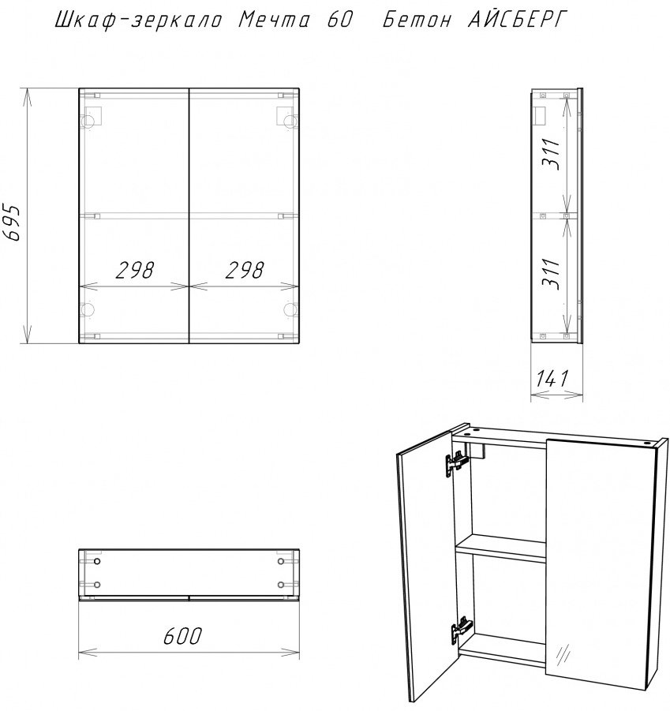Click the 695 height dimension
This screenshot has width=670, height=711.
(x=11, y=223)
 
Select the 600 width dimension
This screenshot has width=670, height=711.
(x=182, y=636)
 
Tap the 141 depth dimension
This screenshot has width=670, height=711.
(x=552, y=379)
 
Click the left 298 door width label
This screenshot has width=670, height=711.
(x=135, y=270)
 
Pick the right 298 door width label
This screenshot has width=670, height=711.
(x=245, y=270)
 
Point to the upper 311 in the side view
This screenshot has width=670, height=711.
(x=552, y=154)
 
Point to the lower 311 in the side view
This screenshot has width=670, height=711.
(x=552, y=274)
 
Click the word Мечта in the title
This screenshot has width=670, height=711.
(x=275, y=20)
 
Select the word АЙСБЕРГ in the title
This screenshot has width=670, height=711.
(x=517, y=20)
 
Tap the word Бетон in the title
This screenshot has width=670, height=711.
(x=417, y=20)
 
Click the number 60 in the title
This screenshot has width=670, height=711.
(x=339, y=20)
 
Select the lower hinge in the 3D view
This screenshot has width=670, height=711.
(x=462, y=629)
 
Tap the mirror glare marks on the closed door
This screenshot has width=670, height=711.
(x=563, y=653)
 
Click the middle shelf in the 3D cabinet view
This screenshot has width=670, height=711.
(x=500, y=548)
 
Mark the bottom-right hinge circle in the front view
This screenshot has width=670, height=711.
(x=290, y=309)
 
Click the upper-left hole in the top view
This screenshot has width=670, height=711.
(x=96, y=561)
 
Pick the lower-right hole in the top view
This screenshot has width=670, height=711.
(x=281, y=585)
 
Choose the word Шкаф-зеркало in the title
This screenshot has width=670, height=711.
(x=138, y=20)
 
